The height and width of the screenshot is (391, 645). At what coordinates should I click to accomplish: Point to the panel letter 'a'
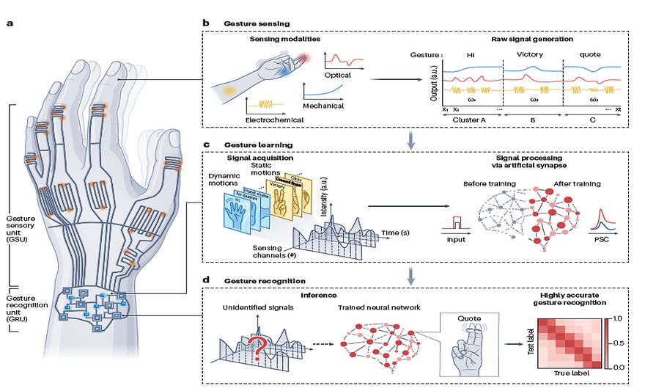[x=10, y=23]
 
